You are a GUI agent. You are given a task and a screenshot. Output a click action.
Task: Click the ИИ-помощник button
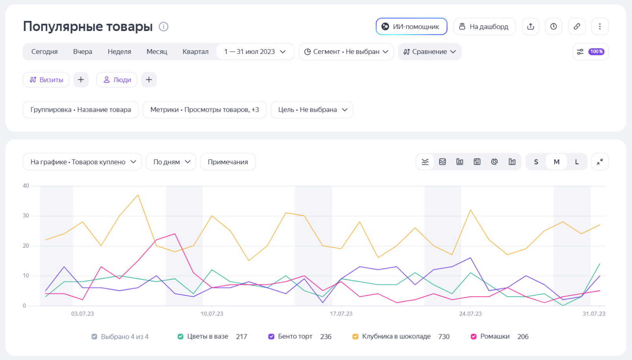(412, 26)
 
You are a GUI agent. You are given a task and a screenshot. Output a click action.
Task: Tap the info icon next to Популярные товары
(164, 26)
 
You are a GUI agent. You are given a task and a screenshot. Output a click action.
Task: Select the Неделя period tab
(119, 51)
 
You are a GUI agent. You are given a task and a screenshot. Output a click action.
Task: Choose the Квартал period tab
(195, 51)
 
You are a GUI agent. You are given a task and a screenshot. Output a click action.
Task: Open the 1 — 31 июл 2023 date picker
(255, 51)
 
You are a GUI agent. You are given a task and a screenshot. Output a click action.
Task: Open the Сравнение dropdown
(430, 51)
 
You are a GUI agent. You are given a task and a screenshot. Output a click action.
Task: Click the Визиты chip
(46, 80)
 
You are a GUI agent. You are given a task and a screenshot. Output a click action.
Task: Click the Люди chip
(117, 80)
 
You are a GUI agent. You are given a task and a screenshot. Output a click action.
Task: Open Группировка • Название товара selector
(81, 110)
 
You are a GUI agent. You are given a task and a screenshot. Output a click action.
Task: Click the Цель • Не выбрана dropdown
(312, 110)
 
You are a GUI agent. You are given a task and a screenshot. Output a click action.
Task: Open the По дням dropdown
(171, 162)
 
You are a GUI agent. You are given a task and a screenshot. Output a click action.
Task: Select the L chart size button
(577, 162)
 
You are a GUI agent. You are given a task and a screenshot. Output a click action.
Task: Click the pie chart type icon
(494, 162)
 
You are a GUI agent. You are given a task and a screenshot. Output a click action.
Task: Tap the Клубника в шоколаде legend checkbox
(355, 336)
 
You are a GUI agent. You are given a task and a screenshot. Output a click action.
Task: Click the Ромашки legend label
(495, 336)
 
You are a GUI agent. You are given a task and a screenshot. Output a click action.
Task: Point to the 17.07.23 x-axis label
(341, 314)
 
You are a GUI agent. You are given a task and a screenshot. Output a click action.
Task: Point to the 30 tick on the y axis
(26, 215)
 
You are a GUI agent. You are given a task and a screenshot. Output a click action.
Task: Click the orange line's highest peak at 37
(138, 195)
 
